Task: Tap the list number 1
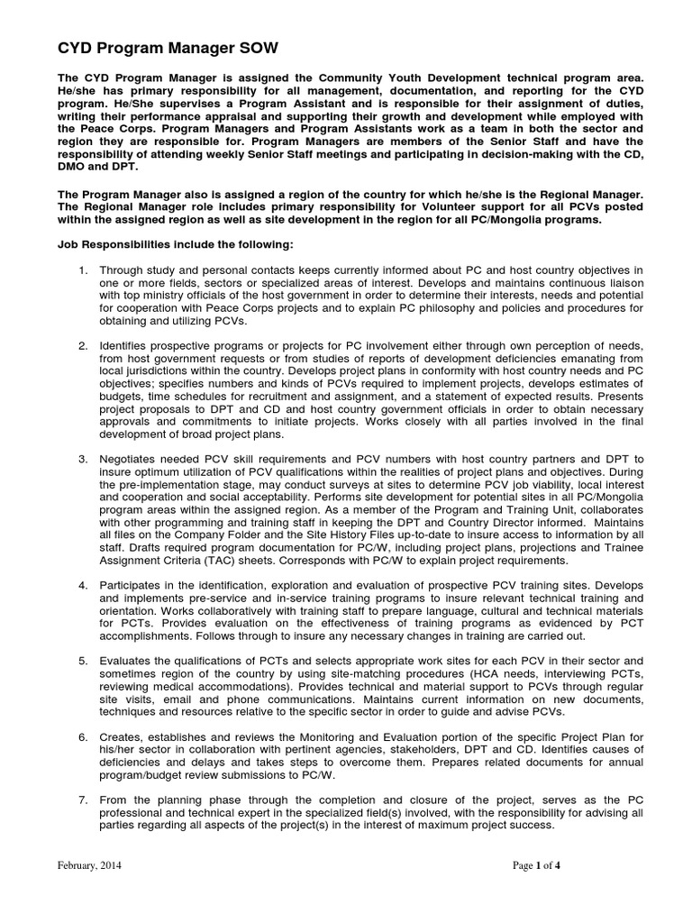click(x=82, y=270)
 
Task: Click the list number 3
click(x=82, y=459)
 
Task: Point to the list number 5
click(x=82, y=660)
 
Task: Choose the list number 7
click(x=82, y=800)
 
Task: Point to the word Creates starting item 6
click(x=122, y=736)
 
